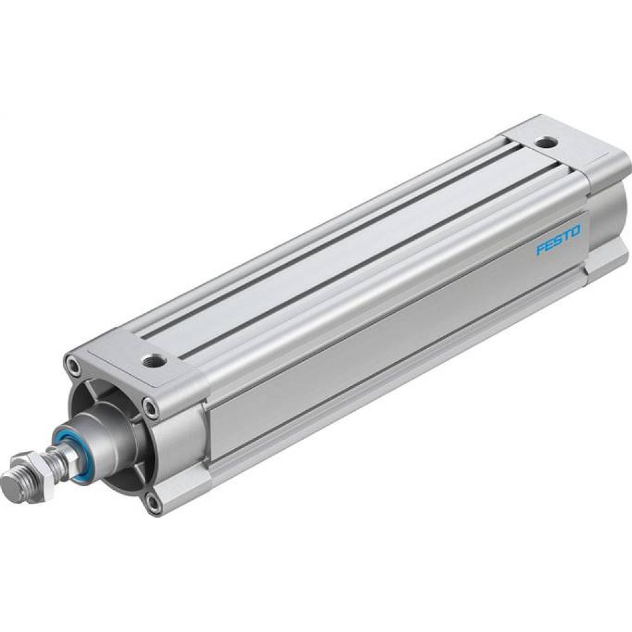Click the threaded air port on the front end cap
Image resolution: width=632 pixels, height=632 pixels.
tap(151, 362)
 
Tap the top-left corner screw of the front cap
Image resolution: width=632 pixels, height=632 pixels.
tap(73, 365)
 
